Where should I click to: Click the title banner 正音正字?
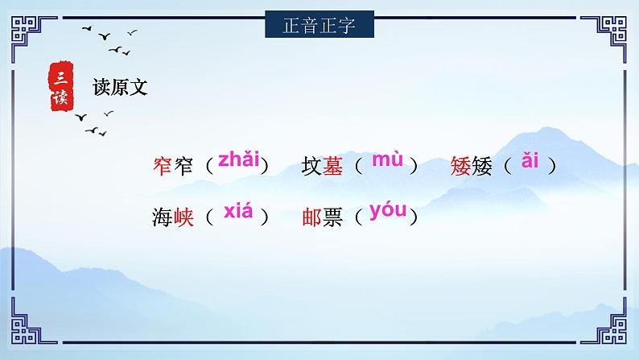pos(319,24)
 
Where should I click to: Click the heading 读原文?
pos(120,88)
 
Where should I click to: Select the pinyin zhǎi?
pos(238,159)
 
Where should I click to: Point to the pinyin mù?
pos(387,159)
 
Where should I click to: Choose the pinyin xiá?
pos(238,213)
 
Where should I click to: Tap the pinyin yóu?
pos(388,212)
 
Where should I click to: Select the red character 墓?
pos(332,167)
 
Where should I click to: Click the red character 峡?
pos(183,218)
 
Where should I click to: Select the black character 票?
pos(332,218)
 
